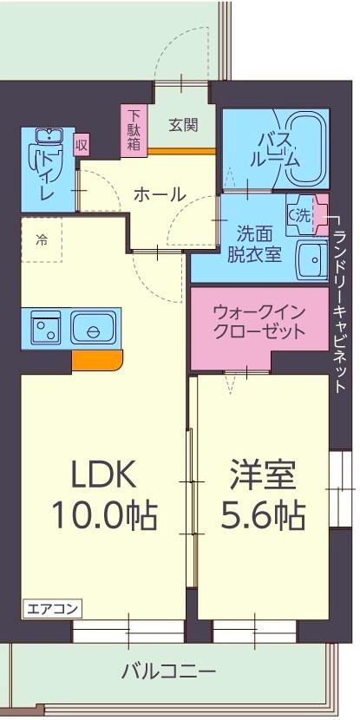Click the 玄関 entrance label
pyautogui.click(x=183, y=123)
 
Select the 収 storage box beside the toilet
pyautogui.click(x=82, y=144)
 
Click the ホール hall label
pyautogui.click(x=159, y=194)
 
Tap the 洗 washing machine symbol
pyautogui.click(x=300, y=213)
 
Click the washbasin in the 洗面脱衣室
pyautogui.click(x=309, y=257)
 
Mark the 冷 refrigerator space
pyautogui.click(x=42, y=240)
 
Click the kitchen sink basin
pyautogui.click(x=92, y=329)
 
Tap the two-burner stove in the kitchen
pyautogui.click(x=43, y=329)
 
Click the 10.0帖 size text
pyautogui.click(x=104, y=517)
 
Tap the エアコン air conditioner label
pyautogui.click(x=43, y=607)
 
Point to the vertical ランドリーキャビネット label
pyautogui.click(x=341, y=295)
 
